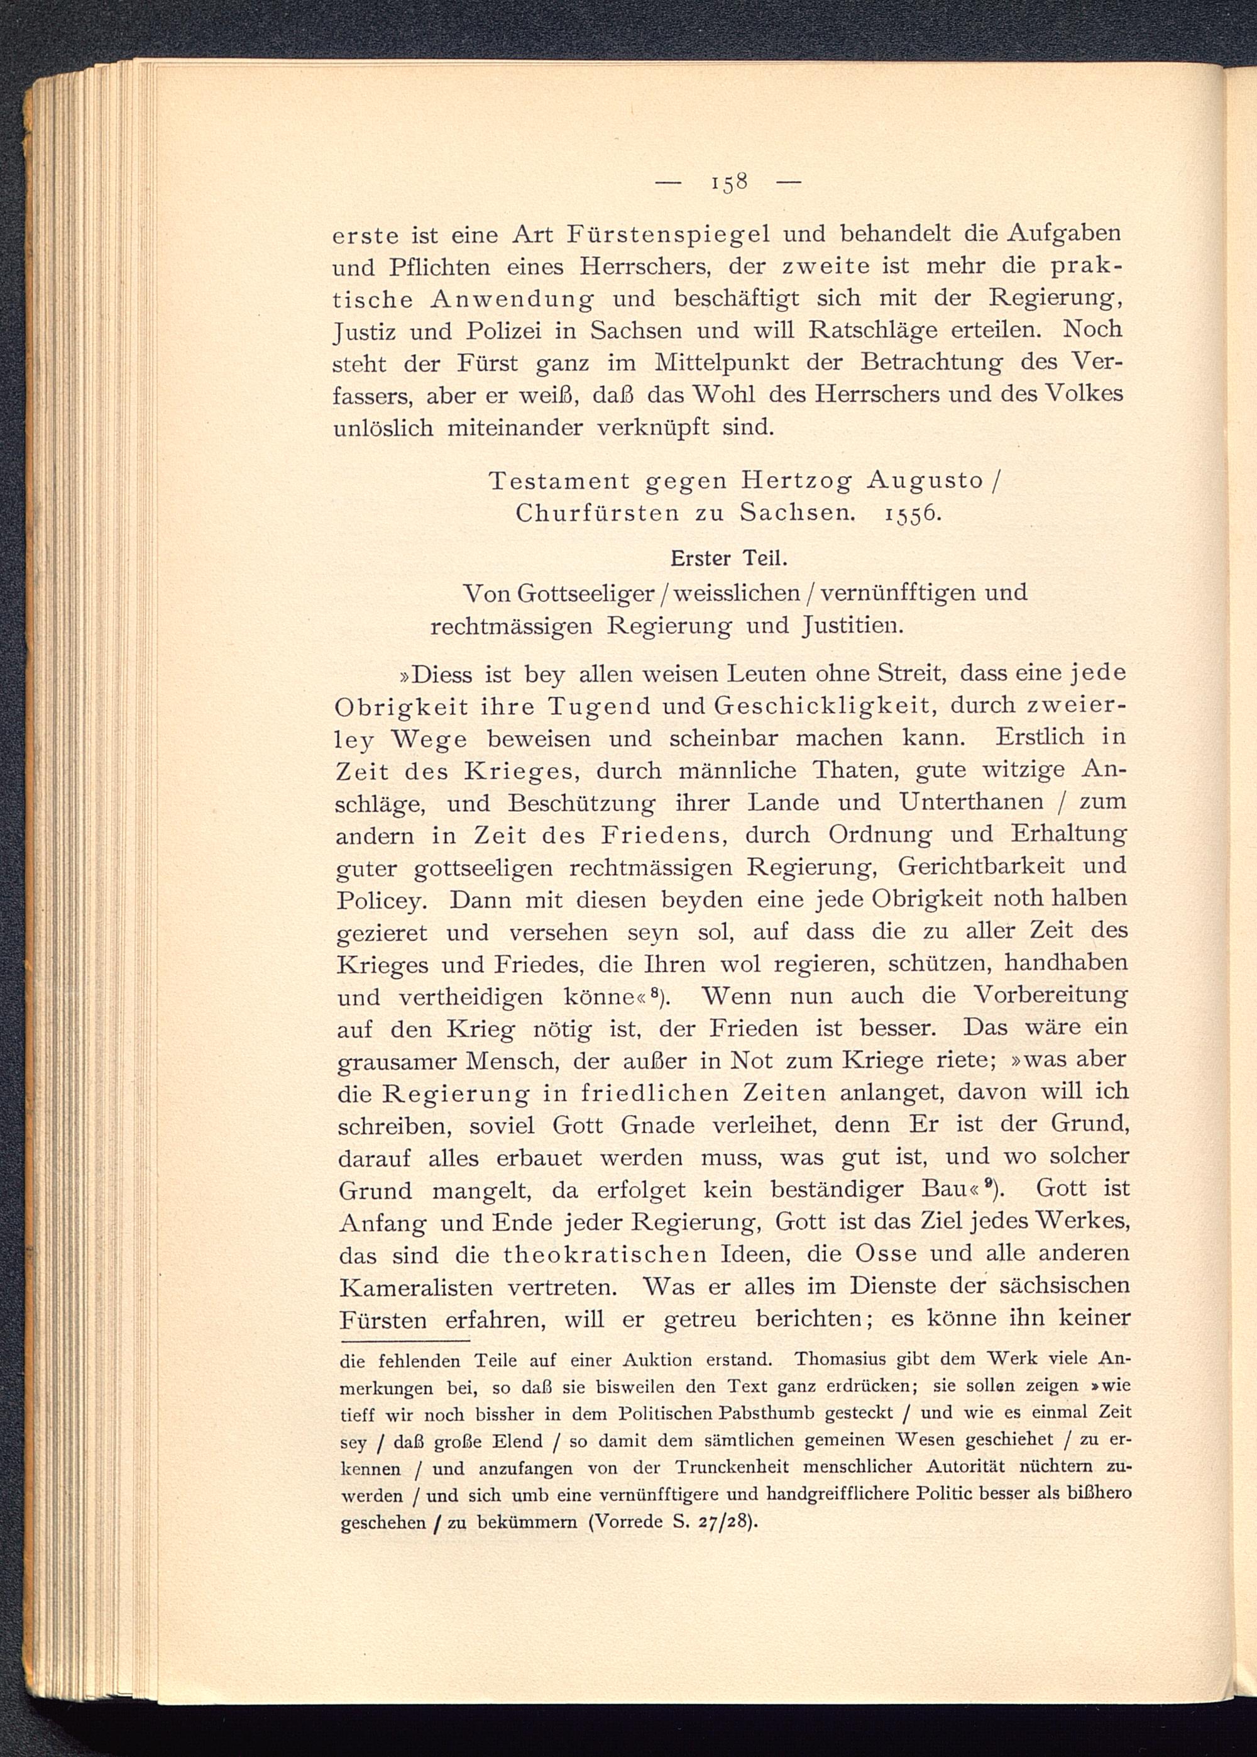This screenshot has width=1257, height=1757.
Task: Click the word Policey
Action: pyautogui.click(x=380, y=900)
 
